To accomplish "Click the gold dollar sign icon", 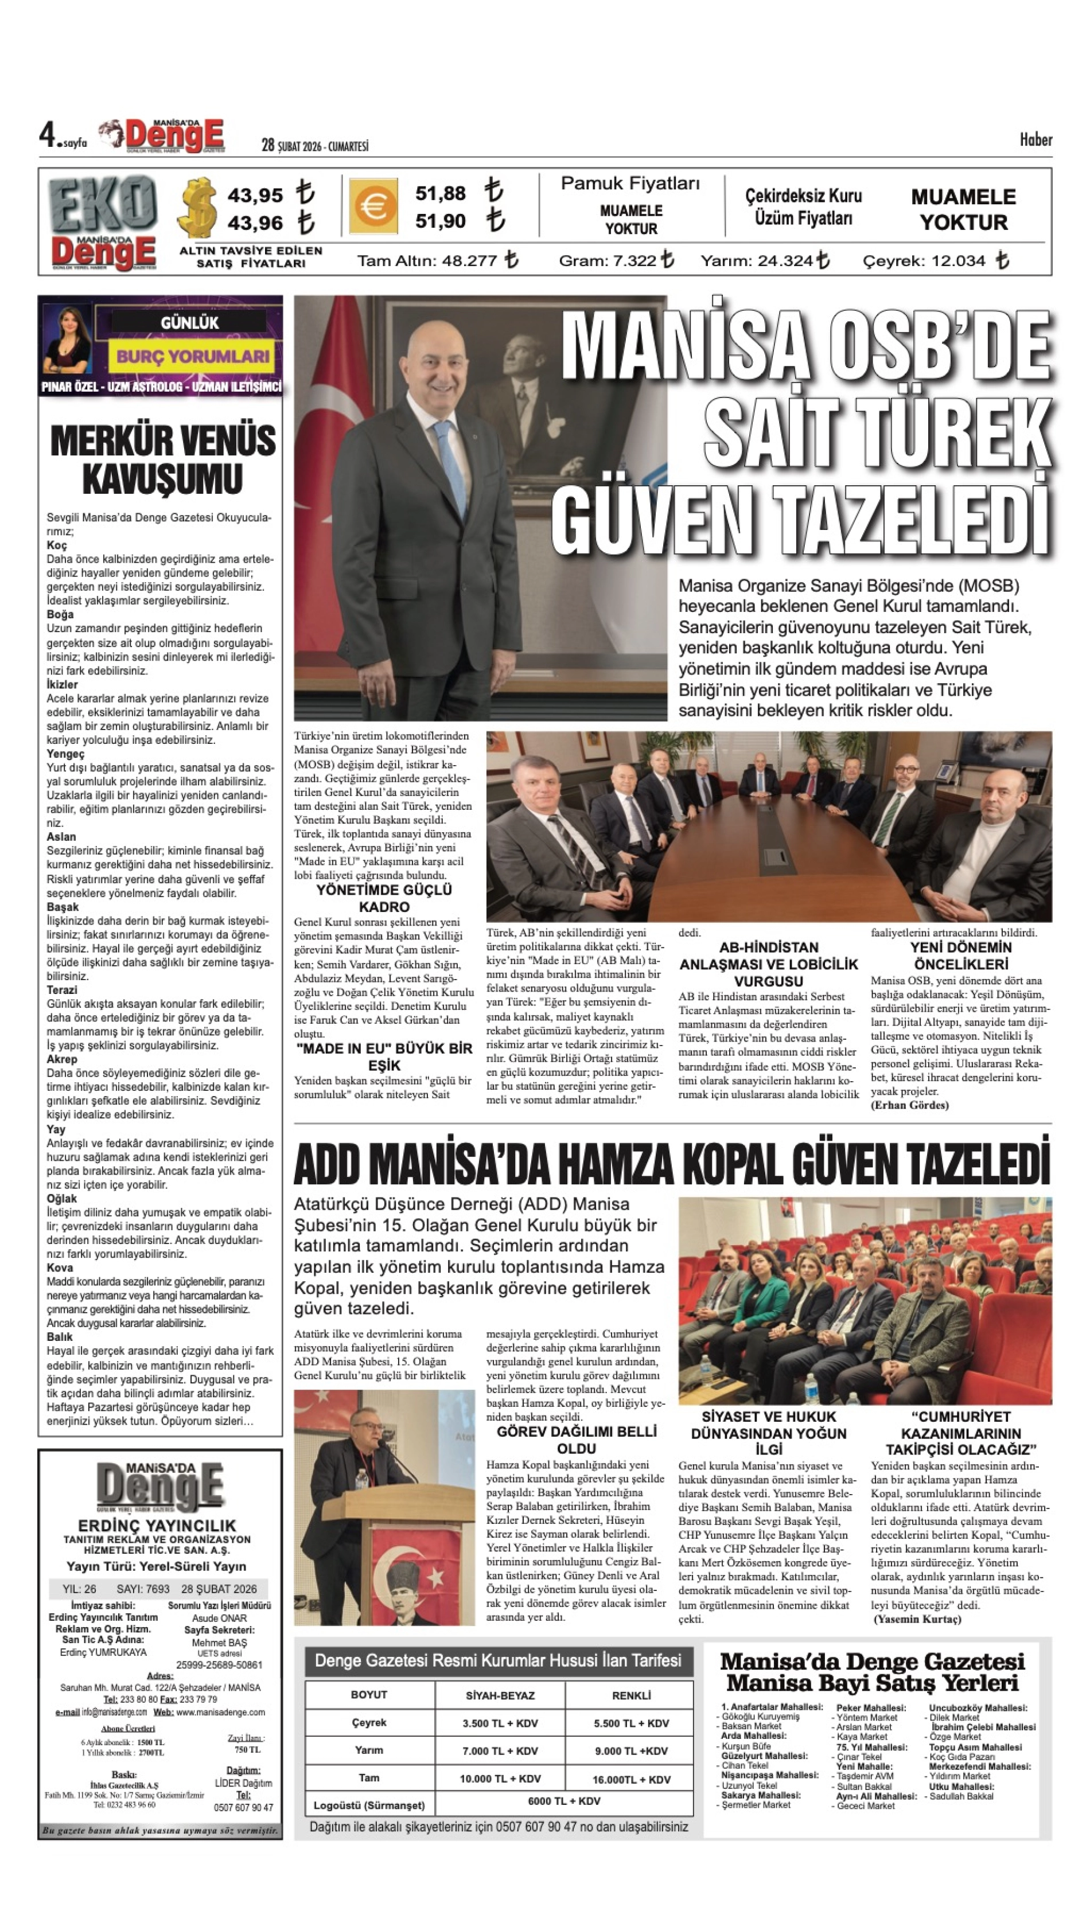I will (198, 207).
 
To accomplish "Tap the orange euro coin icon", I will (373, 206).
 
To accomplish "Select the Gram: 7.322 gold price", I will (616, 260).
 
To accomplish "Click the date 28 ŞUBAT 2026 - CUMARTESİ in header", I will (314, 146).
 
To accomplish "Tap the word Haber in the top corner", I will (1035, 140).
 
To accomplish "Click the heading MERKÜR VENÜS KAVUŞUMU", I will (162, 459).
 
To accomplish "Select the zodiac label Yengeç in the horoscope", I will (66, 754).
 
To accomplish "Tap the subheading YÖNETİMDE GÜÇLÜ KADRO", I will (384, 898).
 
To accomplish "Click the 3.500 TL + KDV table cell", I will (500, 1723).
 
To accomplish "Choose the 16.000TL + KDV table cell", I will (631, 1779).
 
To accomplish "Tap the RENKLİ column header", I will (631, 1695).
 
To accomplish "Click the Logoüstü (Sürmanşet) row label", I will (369, 1805).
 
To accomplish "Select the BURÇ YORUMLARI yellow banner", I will (192, 356).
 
